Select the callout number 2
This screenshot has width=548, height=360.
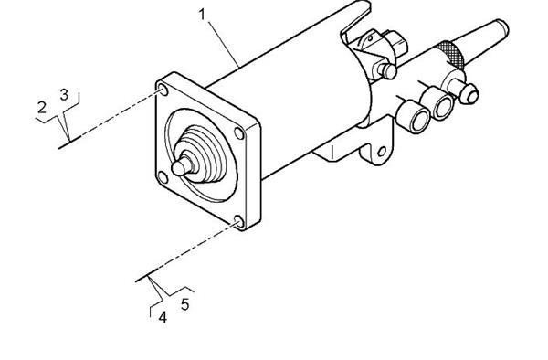pos(42,108)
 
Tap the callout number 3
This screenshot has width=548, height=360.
pos(64,94)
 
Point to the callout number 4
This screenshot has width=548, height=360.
pos(163,318)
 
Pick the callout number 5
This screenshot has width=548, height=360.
pos(185,305)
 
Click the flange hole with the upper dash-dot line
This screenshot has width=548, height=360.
pos(162,90)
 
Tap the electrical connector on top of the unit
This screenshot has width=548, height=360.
pos(377,44)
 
